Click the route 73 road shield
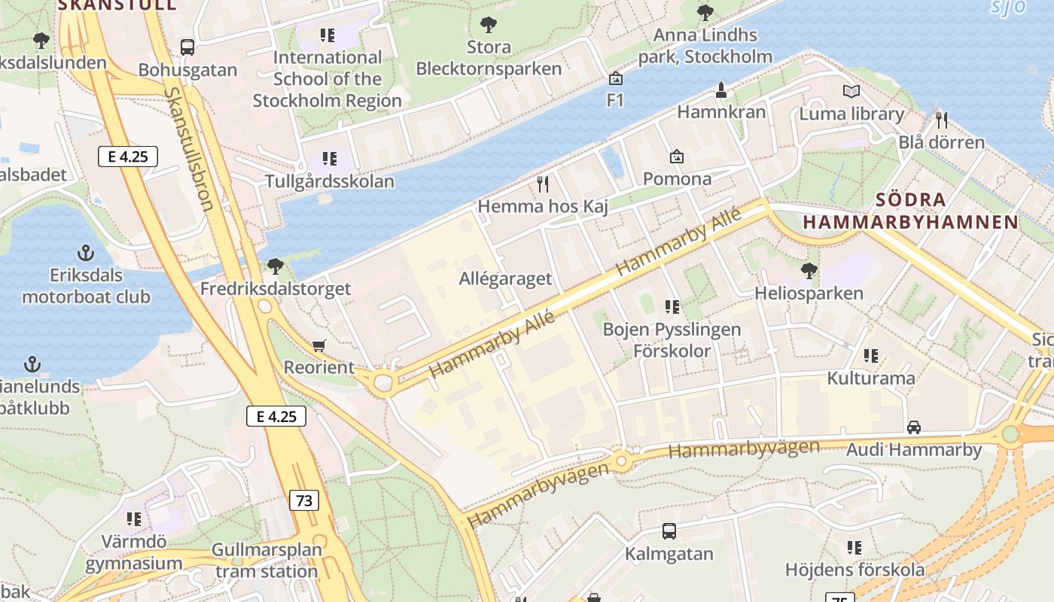304,500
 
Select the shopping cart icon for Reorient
319,345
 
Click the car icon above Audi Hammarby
914,427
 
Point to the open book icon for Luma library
851,92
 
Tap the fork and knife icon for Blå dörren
941,120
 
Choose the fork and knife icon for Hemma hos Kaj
543,184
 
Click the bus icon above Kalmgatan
669,531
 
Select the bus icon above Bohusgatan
187,47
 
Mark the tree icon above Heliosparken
809,270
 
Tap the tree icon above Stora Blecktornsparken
489,24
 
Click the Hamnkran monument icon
721,90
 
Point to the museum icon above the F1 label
616,78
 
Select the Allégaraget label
505,278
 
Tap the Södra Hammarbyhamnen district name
910,211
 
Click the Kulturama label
871,378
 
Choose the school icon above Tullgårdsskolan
329,159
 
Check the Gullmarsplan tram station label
266,561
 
